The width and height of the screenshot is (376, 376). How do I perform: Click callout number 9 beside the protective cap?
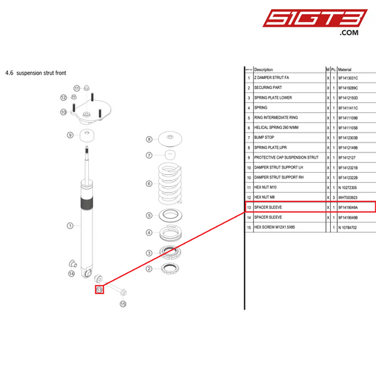pyautogui.click(x=71, y=135)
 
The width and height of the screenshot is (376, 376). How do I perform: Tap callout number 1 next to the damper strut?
pyautogui.click(x=70, y=226)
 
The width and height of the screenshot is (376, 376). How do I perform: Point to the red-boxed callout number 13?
pyautogui.click(x=99, y=289)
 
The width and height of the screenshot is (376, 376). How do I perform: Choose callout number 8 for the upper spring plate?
pyautogui.click(x=149, y=140)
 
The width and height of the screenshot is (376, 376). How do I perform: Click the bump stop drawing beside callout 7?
pyautogui.click(x=170, y=154)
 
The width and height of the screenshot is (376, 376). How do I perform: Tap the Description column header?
pyautogui.click(x=263, y=70)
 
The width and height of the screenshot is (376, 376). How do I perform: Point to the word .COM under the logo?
pyautogui.click(x=349, y=32)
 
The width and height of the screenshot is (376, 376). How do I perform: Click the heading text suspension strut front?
pyautogui.click(x=41, y=72)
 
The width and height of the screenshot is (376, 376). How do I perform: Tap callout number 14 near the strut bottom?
pyautogui.click(x=71, y=274)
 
